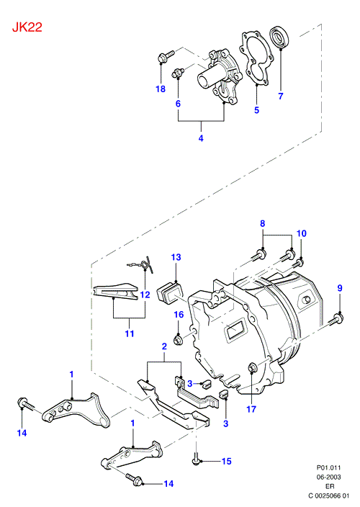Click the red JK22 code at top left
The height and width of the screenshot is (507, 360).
coord(27,27)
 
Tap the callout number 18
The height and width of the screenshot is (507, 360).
coord(161,89)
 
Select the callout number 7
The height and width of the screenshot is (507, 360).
coord(281,96)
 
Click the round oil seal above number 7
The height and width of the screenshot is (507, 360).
coord(279,37)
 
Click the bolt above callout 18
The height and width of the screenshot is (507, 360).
coord(166,56)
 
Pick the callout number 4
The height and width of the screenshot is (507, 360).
coord(201,138)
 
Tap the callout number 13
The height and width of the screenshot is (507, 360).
coord(176,257)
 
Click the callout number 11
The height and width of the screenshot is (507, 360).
coord(130,333)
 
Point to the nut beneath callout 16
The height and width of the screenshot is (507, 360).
coord(177,340)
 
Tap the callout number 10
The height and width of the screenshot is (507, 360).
coord(302,233)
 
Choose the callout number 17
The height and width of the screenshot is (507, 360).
coord(251,409)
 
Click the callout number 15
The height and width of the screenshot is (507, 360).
coord(227,461)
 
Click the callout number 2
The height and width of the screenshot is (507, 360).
coord(164,346)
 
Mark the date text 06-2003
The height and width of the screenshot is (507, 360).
coord(328,477)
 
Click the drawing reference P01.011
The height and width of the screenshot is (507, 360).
coord(328,467)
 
